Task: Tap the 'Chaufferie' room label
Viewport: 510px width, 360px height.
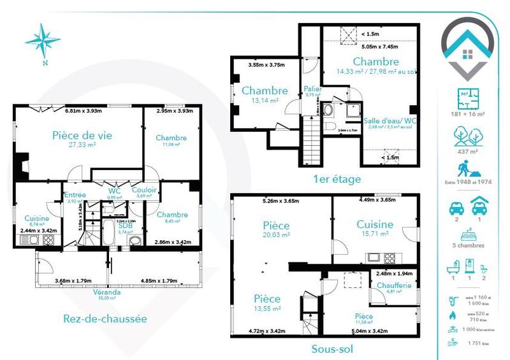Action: point(394,285)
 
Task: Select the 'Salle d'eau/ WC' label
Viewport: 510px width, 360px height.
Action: point(390,120)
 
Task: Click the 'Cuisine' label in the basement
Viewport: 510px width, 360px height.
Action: point(375,224)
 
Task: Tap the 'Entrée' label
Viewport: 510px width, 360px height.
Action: point(75,196)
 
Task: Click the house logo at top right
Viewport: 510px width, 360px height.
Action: point(469,46)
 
